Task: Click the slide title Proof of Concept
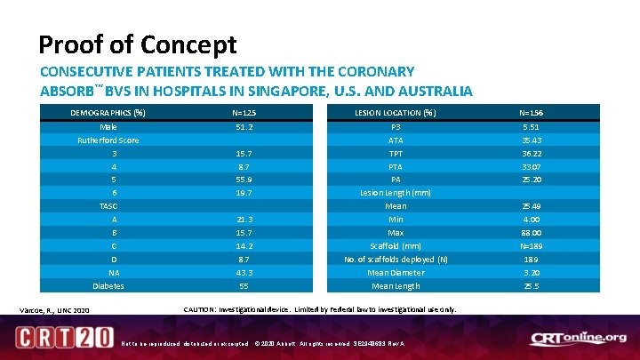(x=138, y=44)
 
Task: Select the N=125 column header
(x=244, y=113)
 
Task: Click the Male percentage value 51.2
(x=244, y=126)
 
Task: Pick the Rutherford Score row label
(x=108, y=140)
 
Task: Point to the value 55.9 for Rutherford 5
(x=244, y=179)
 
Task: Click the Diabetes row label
(x=108, y=286)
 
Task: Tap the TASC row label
(x=108, y=205)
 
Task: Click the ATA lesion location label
(x=396, y=140)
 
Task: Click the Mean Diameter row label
(x=396, y=273)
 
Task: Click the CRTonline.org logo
(x=578, y=338)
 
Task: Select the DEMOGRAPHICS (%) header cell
(x=108, y=113)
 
